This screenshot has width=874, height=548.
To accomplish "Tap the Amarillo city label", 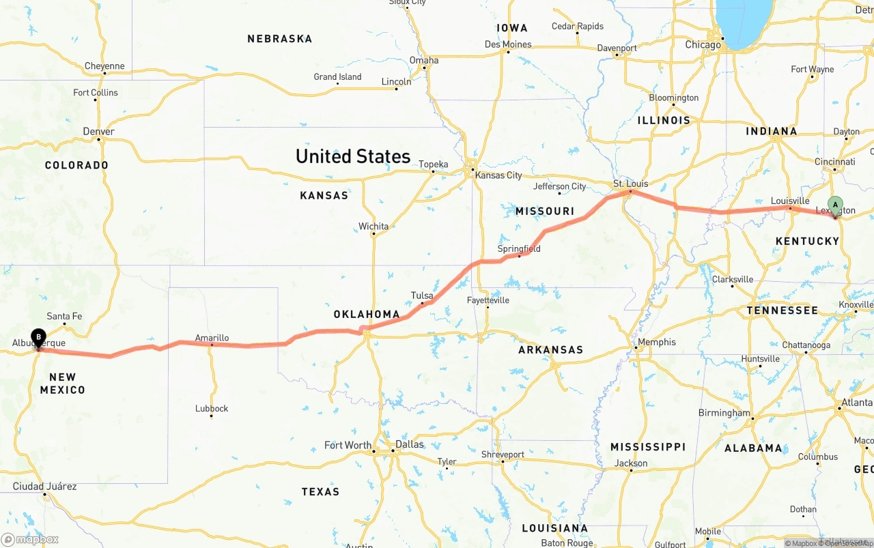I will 212,338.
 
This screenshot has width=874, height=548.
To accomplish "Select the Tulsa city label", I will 422,295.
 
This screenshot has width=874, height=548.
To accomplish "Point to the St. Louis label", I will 630,184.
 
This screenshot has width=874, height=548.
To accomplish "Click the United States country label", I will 352,156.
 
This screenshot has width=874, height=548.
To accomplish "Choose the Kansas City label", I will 498,175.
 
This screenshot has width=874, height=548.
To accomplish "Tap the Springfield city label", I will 519,248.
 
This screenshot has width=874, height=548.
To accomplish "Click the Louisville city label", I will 790,201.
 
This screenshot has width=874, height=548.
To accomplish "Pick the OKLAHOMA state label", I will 367,315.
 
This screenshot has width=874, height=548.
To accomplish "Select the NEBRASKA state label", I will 279,39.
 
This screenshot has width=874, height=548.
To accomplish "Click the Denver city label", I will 98,131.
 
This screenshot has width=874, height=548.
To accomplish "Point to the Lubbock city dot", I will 211,416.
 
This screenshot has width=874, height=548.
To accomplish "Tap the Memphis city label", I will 656,342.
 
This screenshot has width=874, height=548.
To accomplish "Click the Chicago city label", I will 703,45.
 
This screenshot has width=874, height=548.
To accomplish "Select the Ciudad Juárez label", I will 45,487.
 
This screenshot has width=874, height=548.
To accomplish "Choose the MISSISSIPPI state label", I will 647,447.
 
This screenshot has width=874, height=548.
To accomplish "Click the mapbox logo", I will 31,539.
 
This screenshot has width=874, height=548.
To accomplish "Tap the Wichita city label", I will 373,227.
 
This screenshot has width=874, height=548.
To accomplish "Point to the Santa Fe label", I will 64,316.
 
